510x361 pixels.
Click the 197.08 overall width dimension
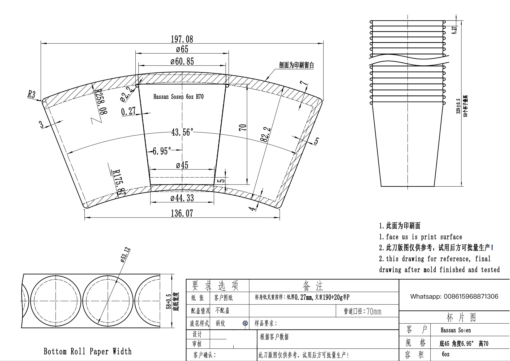click(x=182, y=39)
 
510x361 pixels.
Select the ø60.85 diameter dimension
click(x=182, y=62)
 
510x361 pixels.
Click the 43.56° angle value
click(x=182, y=132)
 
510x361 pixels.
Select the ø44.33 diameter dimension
click(x=182, y=198)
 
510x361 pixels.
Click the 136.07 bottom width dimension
click(x=182, y=213)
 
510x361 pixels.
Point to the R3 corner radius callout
click(x=31, y=94)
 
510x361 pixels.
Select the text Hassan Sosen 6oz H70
click(x=178, y=97)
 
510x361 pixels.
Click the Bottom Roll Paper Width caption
click(x=88, y=351)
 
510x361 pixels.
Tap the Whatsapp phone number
click(x=454, y=296)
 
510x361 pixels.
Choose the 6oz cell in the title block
click(x=446, y=354)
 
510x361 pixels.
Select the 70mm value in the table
click(x=374, y=311)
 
